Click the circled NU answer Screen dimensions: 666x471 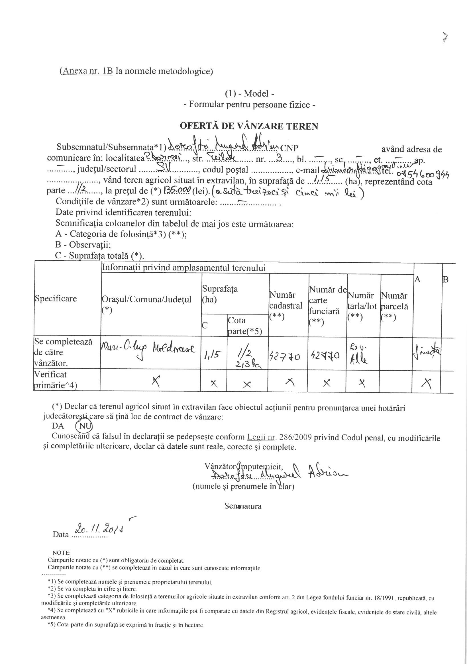83,426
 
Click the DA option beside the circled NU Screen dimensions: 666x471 58,426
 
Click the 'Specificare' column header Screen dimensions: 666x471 56,299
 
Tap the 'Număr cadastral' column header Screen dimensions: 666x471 286,305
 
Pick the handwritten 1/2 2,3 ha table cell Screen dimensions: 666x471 247,359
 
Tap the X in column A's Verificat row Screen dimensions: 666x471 427,384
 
